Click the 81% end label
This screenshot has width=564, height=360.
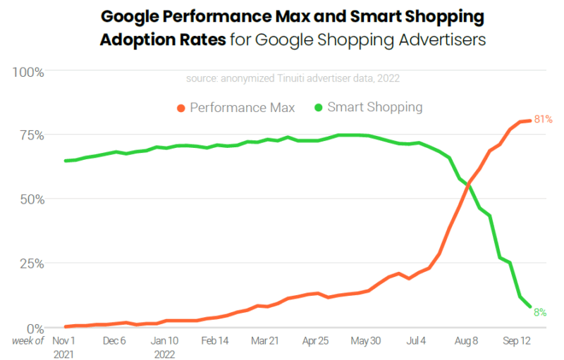(x=542, y=119)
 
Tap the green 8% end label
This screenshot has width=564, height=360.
(x=540, y=311)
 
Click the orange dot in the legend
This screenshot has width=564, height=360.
(x=180, y=108)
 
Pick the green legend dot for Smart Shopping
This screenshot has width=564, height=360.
(x=318, y=108)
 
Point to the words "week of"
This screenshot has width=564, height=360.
(x=27, y=341)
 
